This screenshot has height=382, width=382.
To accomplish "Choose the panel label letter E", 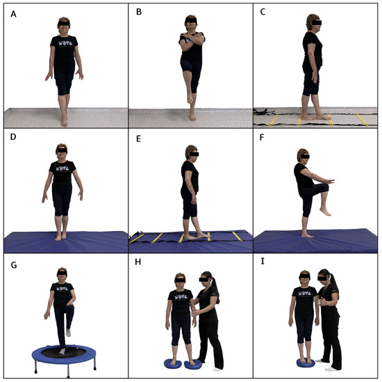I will pyautogui.click(x=139, y=137).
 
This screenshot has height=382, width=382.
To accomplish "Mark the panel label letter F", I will pyautogui.click(x=264, y=137).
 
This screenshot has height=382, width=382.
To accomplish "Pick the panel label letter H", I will pyautogui.click(x=139, y=264).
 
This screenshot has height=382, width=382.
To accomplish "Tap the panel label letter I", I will pyautogui.click(x=264, y=264).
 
